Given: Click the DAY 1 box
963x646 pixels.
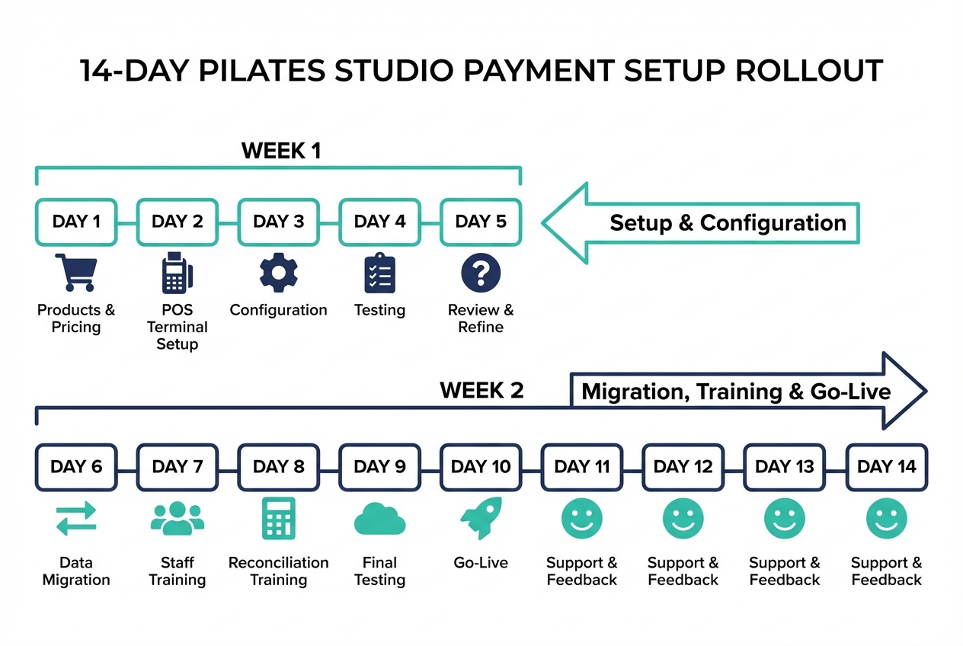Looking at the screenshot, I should [76, 222].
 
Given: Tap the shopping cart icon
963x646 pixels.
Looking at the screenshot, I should [76, 273].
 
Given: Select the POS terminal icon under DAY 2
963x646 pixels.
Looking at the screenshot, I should [177, 273].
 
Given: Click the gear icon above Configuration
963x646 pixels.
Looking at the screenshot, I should [278, 273].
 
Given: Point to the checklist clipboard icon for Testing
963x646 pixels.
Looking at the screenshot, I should [379, 273].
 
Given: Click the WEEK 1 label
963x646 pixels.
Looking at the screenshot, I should [281, 150].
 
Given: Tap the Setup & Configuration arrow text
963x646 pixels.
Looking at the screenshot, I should [728, 222].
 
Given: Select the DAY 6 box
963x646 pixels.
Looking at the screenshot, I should [76, 466].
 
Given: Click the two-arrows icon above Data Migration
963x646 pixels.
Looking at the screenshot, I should [76, 519].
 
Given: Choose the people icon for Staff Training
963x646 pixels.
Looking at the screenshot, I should [177, 519].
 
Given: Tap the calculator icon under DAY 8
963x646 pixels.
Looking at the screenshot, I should [278, 519].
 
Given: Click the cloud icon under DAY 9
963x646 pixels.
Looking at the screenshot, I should [379, 520].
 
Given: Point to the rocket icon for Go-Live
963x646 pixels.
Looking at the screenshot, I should [481, 518].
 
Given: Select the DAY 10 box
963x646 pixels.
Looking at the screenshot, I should [481, 466].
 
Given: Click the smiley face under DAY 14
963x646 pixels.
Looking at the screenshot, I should [886, 519].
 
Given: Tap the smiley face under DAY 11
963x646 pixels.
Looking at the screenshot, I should [582, 519].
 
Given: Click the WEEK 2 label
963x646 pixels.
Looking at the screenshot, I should [481, 391].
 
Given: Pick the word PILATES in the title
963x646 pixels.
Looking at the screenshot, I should [258, 70].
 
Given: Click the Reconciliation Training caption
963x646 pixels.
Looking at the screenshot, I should [278, 571].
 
